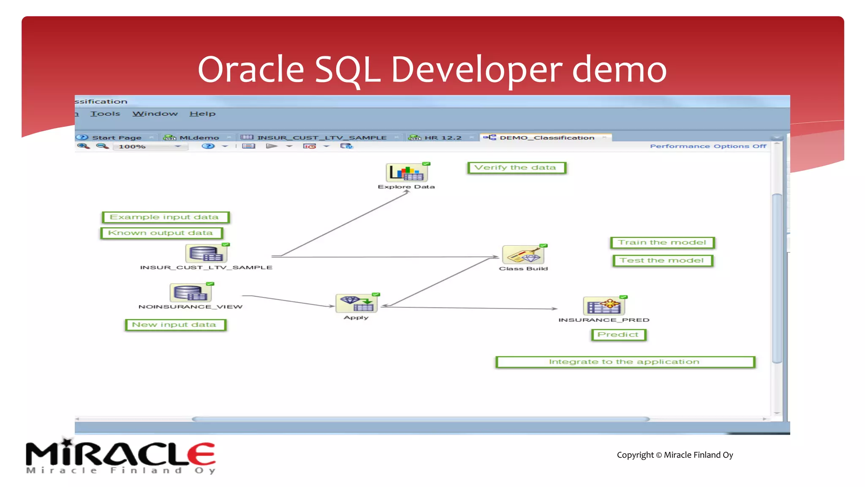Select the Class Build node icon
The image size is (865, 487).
pyautogui.click(x=523, y=255)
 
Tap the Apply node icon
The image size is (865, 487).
pyautogui.click(x=356, y=304)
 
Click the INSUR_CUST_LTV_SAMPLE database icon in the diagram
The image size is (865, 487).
pyautogui.click(x=206, y=254)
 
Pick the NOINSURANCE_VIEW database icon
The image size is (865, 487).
pyautogui.click(x=190, y=293)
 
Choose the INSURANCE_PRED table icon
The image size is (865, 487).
pyautogui.click(x=604, y=306)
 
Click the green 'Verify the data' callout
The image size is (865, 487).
pyautogui.click(x=516, y=168)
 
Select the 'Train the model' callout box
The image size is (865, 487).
pyautogui.click(x=662, y=243)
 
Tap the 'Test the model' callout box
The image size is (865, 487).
pyautogui.click(x=662, y=261)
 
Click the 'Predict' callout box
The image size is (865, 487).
pyautogui.click(x=618, y=335)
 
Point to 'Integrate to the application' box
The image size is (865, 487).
pyautogui.click(x=625, y=362)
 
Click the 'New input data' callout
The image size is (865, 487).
pyautogui.click(x=175, y=325)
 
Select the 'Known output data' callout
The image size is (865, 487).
pyautogui.click(x=161, y=233)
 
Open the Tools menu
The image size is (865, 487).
pyautogui.click(x=105, y=114)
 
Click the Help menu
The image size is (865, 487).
pyautogui.click(x=202, y=114)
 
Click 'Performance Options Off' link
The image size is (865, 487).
pyautogui.click(x=708, y=146)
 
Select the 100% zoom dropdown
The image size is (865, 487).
pyautogui.click(x=150, y=147)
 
